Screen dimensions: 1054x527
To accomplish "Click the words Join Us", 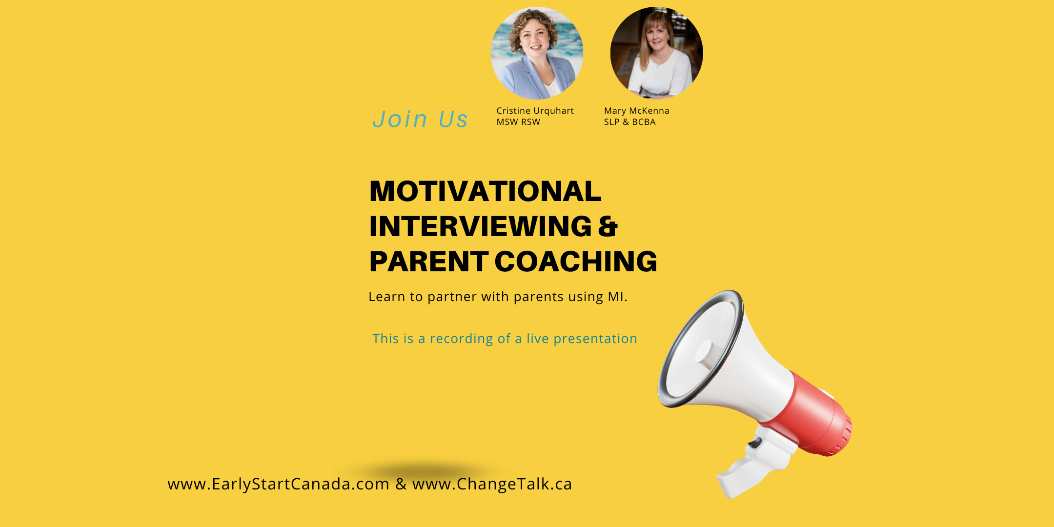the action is click(420, 119).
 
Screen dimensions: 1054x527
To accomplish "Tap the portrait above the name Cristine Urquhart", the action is click(537, 53).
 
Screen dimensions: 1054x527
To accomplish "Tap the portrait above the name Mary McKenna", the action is click(656, 53).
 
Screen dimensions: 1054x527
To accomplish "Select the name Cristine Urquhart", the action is click(535, 111).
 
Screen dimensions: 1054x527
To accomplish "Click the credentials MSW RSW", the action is click(518, 122).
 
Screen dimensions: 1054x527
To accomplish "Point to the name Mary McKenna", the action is click(637, 111).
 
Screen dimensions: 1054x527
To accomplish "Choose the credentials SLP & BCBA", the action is click(630, 122).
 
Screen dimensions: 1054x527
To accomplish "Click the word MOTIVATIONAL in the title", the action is click(486, 191).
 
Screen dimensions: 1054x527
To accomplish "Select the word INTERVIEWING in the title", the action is click(481, 226).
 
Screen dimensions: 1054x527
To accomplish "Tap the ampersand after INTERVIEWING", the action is click(608, 226).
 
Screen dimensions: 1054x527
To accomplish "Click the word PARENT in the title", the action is click(428, 262).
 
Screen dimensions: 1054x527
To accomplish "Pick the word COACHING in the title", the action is click(576, 262).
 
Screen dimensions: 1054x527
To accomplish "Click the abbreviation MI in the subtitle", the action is click(616, 297).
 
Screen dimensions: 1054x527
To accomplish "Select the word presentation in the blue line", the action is click(595, 339).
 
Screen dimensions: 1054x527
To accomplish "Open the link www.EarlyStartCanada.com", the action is click(279, 484).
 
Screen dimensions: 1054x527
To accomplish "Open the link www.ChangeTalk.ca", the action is click(492, 484).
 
